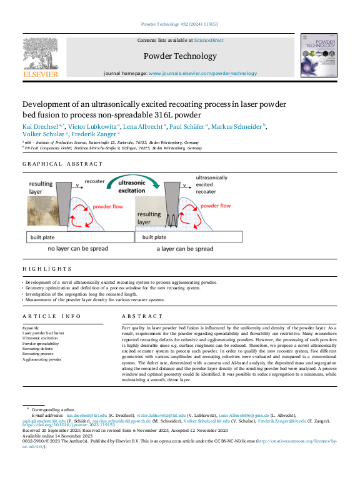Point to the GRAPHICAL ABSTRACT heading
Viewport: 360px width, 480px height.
tap(62, 164)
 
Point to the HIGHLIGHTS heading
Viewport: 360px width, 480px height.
tap(47, 269)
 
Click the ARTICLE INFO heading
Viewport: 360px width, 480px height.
tap(52, 317)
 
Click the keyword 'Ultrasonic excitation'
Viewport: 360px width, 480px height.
tap(42, 339)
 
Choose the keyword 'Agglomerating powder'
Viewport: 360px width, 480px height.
tap(42, 359)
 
